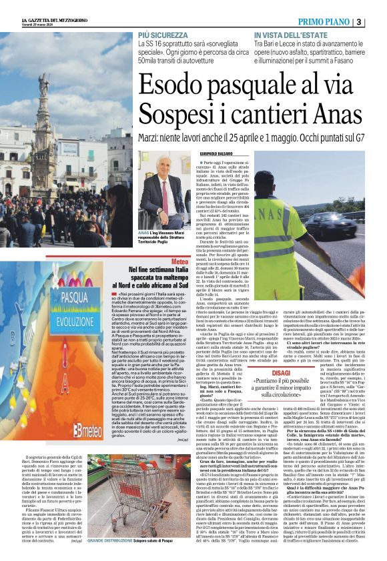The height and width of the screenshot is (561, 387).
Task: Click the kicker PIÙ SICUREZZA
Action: pos(163,34)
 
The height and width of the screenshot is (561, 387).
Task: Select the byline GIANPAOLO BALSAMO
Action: pos(215,155)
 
